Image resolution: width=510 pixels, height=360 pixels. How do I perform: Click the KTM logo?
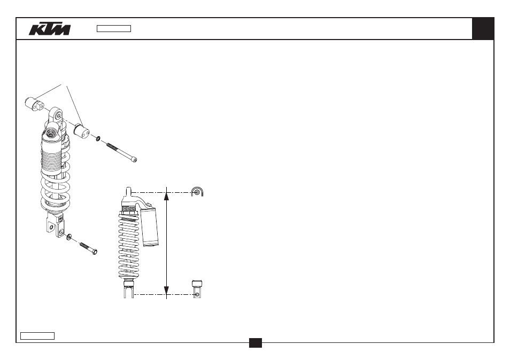(50, 29)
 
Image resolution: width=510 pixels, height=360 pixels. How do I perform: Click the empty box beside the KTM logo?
(114, 29)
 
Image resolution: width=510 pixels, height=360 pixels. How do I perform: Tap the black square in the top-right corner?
(483, 29)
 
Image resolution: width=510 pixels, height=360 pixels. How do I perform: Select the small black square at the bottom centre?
(256, 343)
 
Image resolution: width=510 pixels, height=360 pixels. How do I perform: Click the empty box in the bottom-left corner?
(37, 336)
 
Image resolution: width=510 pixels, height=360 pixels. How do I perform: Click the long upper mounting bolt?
(122, 152)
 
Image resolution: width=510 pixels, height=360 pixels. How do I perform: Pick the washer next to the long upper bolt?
(98, 139)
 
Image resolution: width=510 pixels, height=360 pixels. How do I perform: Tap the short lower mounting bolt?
(88, 248)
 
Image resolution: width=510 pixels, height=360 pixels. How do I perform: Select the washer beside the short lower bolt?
(69, 237)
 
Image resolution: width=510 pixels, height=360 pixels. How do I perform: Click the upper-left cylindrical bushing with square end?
(34, 104)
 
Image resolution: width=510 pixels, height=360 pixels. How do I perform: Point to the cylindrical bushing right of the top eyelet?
(81, 131)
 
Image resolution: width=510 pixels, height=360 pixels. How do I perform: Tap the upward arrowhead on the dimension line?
(166, 195)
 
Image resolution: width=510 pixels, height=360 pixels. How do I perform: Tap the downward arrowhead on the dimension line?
(166, 291)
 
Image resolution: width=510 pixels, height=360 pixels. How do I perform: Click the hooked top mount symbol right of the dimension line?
(197, 192)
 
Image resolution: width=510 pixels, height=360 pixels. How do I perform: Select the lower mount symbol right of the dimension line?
(197, 289)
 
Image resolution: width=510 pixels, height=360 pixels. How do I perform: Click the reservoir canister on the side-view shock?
(150, 226)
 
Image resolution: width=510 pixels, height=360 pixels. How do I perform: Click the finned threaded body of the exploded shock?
(51, 155)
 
